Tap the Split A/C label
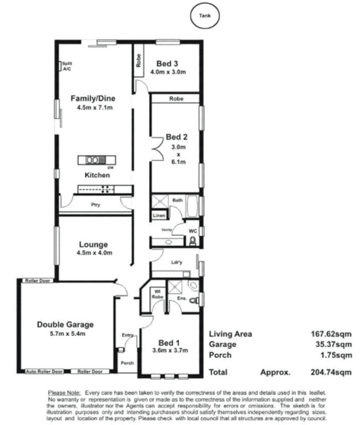pyautogui.click(x=67, y=66)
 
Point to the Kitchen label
pyautogui.click(x=97, y=175)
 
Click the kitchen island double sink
pyautogui.click(x=92, y=159)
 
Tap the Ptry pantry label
pyautogui.click(x=96, y=205)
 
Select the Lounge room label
pyautogui.click(x=94, y=244)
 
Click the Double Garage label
pyautogui.click(x=65, y=324)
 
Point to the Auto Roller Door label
pyautogui.click(x=44, y=371)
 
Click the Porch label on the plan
pyautogui.click(x=127, y=363)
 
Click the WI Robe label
pyautogui.click(x=158, y=294)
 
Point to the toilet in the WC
pyautogui.click(x=192, y=242)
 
